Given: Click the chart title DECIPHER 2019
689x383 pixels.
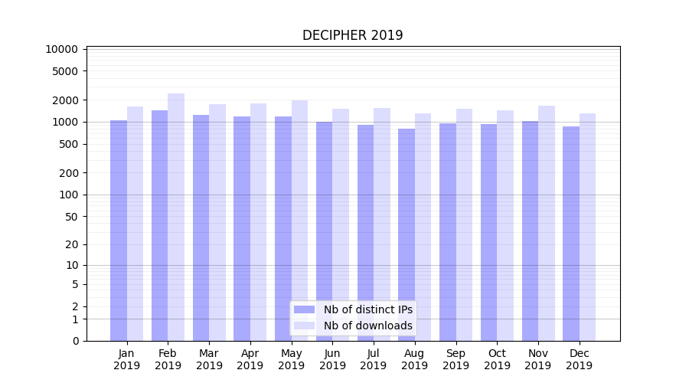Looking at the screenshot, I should coord(352,35).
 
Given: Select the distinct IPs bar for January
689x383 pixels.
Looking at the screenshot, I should coord(119,230).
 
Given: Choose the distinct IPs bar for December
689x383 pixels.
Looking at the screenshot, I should coord(571,234).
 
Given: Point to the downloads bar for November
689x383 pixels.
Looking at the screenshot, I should coord(547,223).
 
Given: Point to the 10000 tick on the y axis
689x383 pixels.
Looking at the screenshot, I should coord(62,49).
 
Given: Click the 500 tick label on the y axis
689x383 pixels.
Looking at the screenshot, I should coord(68,144).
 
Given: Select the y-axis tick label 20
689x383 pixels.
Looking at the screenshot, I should coord(71,244).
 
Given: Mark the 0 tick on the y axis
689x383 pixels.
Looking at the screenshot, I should coord(75,341).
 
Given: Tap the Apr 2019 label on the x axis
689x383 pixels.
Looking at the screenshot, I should coord(250,359).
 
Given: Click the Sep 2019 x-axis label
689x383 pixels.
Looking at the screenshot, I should coord(456,359).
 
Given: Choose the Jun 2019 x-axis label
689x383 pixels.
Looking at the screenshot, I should coord(332,359).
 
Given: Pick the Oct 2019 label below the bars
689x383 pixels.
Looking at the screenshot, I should coord(497,359).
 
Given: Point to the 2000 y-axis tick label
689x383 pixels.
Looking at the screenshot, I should coord(65,100).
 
